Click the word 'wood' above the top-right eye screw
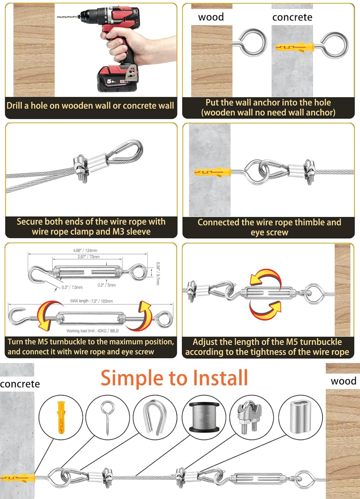tap(211, 17)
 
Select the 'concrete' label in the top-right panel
tap(292, 17)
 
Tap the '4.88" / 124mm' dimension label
tap(85, 250)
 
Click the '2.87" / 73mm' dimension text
tap(88, 257)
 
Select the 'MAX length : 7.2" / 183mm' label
tap(91, 301)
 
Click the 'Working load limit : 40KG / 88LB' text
tap(92, 331)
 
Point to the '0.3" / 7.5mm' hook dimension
tap(72, 287)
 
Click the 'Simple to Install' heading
tap(174, 378)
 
